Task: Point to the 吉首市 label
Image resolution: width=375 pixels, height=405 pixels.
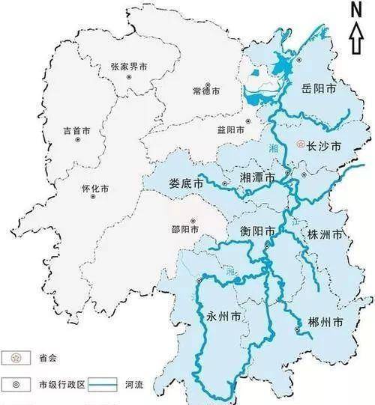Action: tap(77, 131)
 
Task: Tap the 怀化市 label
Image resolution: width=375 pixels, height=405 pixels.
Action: tap(94, 189)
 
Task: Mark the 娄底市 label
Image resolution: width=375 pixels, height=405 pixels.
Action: tap(187, 182)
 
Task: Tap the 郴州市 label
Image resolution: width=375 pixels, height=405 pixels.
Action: tap(325, 321)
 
